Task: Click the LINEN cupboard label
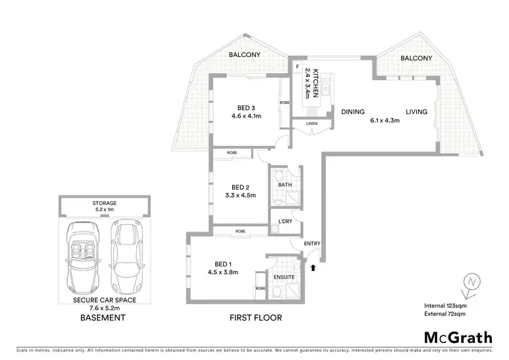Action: tap(312, 124)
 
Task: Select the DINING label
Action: tap(353, 112)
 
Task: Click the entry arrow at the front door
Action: tap(313, 268)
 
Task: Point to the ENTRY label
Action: tap(312, 243)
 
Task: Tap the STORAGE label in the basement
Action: tap(105, 202)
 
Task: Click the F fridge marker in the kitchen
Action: tap(297, 67)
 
